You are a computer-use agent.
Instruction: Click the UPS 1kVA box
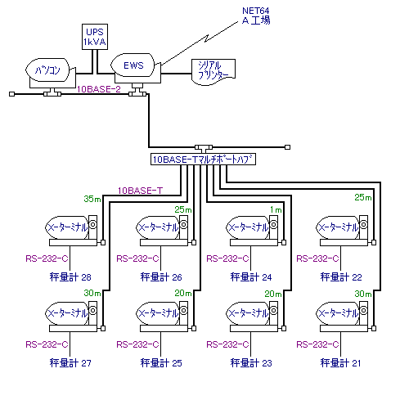click(x=95, y=37)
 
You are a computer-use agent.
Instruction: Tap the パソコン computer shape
click(x=50, y=73)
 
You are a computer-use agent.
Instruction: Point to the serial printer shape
click(x=213, y=72)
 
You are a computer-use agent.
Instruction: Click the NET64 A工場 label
click(x=256, y=16)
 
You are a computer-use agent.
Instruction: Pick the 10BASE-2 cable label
click(x=99, y=89)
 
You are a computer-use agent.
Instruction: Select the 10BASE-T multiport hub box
click(x=203, y=160)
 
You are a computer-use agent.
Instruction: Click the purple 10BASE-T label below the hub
click(x=140, y=191)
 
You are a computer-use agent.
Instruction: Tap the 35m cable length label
click(x=92, y=199)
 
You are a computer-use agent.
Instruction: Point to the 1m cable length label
click(x=276, y=209)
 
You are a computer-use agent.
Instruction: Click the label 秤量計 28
click(x=70, y=277)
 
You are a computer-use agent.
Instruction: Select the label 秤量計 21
click(x=340, y=363)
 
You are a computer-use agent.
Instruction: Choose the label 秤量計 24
click(x=251, y=277)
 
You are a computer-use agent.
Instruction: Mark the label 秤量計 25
click(x=161, y=363)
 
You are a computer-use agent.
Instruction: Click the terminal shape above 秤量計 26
click(x=162, y=231)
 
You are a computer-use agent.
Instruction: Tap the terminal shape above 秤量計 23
click(x=252, y=317)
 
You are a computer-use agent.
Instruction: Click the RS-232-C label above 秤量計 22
click(x=317, y=258)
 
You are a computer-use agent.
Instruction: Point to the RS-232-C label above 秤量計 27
click(x=47, y=344)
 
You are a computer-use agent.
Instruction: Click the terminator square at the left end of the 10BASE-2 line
click(x=11, y=94)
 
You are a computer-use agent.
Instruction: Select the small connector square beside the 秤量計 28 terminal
click(x=103, y=242)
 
